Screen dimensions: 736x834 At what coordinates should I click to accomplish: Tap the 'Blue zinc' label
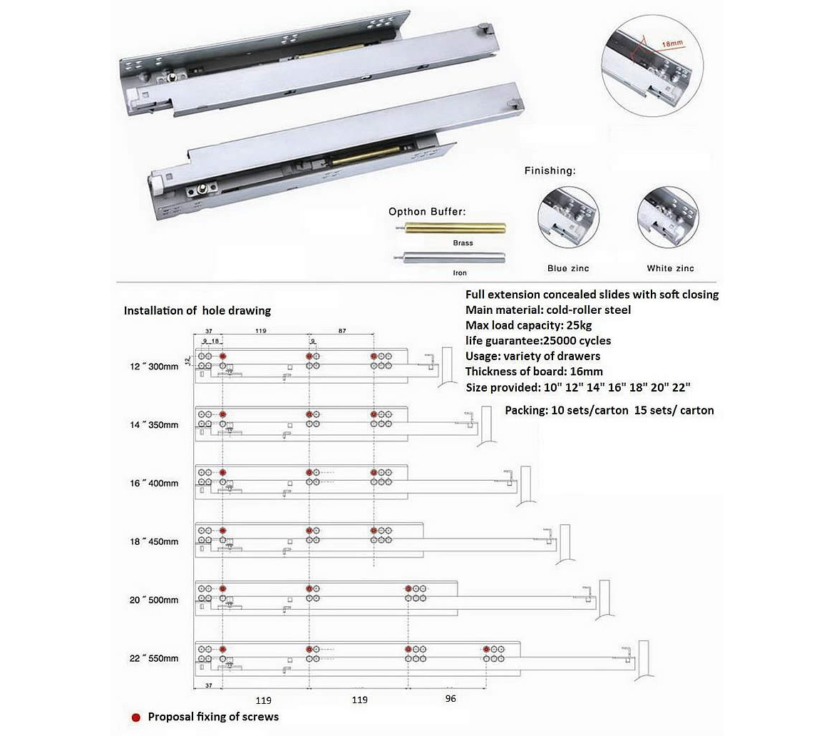click(568, 268)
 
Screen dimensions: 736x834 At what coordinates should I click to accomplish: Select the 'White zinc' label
click(670, 268)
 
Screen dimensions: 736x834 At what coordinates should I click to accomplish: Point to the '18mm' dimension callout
click(671, 44)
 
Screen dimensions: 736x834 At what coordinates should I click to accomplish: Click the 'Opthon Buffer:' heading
click(426, 212)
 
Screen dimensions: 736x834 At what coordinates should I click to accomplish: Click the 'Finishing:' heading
click(550, 171)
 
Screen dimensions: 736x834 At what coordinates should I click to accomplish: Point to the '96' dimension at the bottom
click(450, 699)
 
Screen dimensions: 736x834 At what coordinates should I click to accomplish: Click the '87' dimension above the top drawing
click(342, 332)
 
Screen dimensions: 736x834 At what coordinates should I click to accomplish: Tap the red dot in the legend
click(135, 717)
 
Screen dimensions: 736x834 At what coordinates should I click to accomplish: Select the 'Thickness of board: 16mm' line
click(534, 371)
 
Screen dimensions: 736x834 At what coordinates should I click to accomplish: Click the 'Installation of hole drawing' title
click(197, 311)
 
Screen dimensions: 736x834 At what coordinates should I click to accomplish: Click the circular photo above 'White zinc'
click(669, 218)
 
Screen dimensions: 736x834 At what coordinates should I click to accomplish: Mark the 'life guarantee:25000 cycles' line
click(537, 340)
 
